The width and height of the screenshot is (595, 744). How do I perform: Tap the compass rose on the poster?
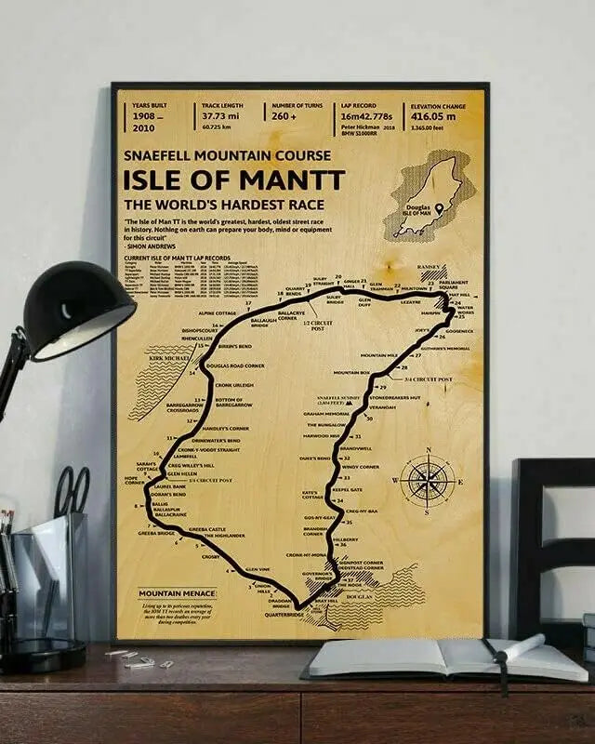[427, 481]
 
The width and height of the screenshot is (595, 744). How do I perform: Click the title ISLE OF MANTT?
[234, 179]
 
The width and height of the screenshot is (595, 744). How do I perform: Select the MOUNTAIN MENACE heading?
[176, 592]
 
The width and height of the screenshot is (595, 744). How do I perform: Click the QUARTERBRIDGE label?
[284, 614]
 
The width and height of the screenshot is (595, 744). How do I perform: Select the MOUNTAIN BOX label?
[351, 372]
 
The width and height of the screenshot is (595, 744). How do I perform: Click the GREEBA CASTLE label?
[207, 529]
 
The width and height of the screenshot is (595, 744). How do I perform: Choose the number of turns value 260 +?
[284, 116]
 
